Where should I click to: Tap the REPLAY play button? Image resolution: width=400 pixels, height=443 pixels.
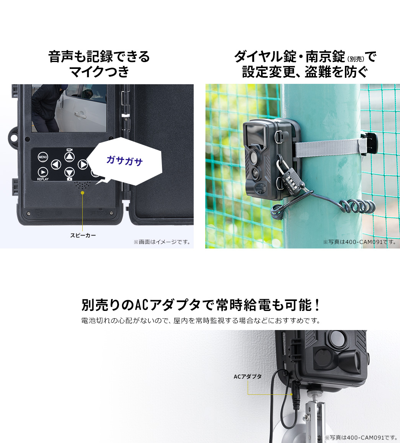(x=42, y=172)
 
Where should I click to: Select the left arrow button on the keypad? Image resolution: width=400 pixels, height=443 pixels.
(x=56, y=164)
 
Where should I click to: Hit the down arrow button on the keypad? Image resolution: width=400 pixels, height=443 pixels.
(x=69, y=172)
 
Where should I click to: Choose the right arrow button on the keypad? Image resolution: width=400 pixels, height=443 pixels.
(x=83, y=164)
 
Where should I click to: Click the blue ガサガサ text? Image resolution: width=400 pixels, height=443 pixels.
(x=124, y=161)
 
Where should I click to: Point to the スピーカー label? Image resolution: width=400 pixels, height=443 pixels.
(x=83, y=235)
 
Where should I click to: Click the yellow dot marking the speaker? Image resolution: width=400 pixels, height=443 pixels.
(x=82, y=193)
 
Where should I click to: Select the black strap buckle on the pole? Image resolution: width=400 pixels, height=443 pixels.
(x=370, y=143)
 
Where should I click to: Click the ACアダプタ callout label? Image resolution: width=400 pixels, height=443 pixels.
(x=248, y=376)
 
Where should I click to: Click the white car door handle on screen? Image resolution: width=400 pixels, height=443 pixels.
(x=80, y=114)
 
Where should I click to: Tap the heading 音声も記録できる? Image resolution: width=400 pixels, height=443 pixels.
(x=99, y=57)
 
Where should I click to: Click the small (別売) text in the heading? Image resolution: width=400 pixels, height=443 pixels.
(x=356, y=59)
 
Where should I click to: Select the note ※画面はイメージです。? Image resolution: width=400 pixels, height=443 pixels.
(x=162, y=242)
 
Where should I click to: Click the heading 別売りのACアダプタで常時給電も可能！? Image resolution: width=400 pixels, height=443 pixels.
(x=201, y=305)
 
